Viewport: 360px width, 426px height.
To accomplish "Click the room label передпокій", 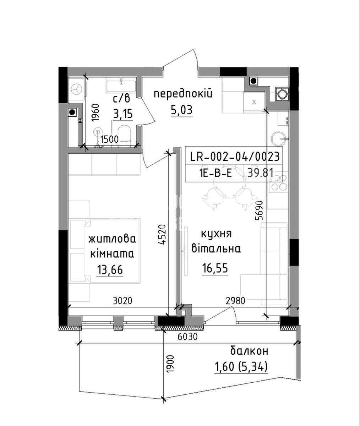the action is point(183,94).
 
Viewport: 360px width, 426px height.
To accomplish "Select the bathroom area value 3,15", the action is point(123,114).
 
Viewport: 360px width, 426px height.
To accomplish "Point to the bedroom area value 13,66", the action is point(110,270).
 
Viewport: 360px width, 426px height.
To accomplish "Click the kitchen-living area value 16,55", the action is point(215,268).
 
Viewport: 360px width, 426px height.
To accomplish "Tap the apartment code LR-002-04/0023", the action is point(235,157).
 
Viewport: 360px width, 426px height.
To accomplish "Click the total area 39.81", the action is point(260,174).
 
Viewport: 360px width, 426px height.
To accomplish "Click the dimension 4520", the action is point(161,235).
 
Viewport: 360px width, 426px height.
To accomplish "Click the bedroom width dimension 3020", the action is point(122,301).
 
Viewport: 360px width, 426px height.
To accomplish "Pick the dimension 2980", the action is point(235,301).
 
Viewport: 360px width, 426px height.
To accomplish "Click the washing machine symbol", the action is point(77,89).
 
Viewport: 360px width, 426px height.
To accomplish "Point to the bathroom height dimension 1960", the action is point(95,113).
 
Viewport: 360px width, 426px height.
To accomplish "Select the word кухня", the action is point(216,234).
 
